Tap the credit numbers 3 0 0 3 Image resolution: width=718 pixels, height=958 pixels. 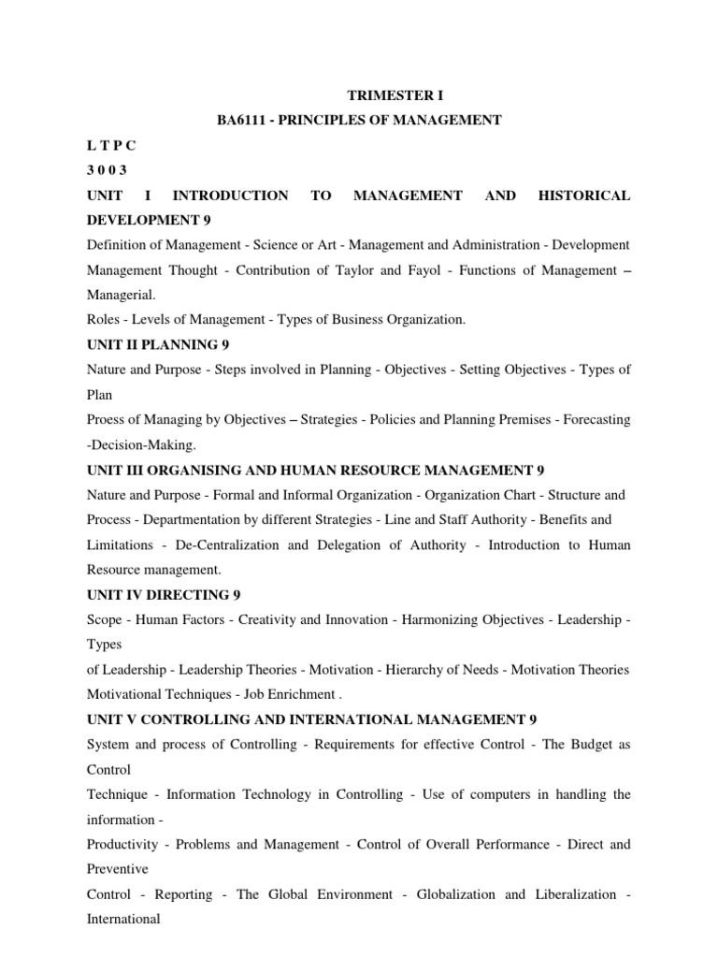[x=107, y=170]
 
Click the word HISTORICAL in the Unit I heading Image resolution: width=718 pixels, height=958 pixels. [x=584, y=196]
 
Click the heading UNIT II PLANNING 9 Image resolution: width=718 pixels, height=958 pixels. [x=158, y=344]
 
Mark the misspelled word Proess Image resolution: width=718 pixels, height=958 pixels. [x=108, y=420]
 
